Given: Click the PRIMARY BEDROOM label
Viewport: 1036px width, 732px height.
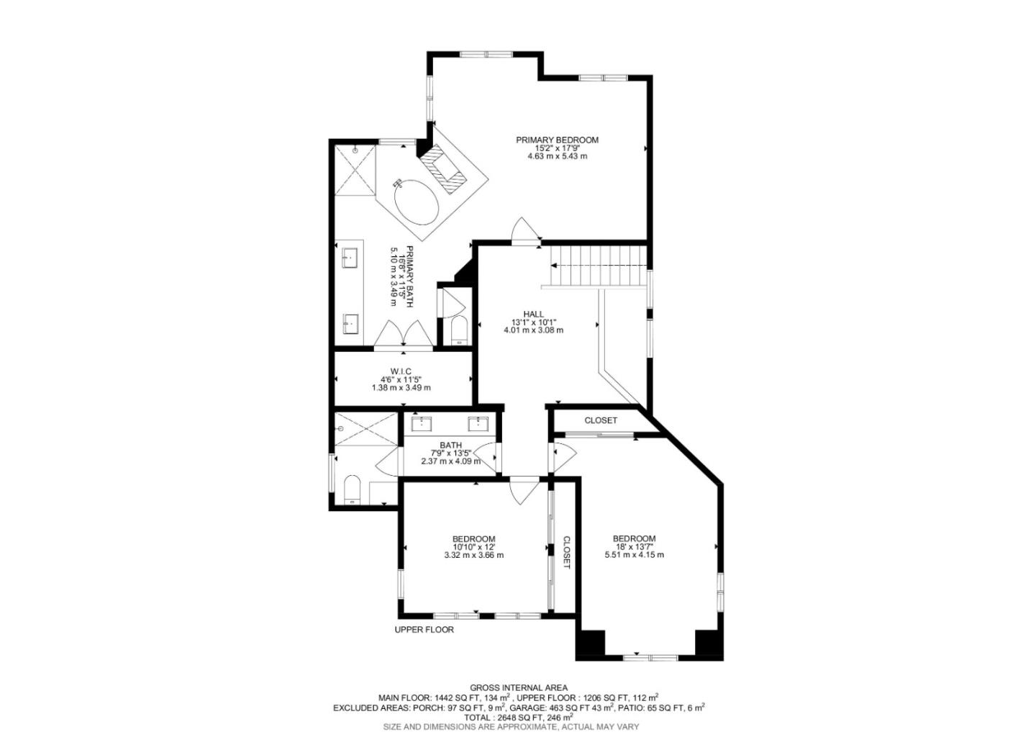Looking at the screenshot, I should coord(557,140).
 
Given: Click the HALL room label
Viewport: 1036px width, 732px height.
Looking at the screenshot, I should coord(533,314).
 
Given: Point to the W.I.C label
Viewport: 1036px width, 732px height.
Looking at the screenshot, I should coord(401,371).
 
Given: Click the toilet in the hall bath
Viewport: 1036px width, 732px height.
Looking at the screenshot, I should coord(352,489).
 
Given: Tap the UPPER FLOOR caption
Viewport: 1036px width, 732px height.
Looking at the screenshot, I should coord(424,630).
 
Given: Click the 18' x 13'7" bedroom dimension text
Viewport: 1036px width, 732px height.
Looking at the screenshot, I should coord(634,547).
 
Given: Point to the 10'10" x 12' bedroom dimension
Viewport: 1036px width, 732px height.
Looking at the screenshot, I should coord(473,547).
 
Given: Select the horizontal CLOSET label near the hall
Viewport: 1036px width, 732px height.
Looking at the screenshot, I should coord(601,420).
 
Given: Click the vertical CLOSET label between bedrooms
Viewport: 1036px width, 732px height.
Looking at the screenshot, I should coord(566,552).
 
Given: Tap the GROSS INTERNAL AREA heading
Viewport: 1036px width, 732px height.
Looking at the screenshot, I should coord(518,688).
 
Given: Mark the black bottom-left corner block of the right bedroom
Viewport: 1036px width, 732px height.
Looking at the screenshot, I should coord(591,643).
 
